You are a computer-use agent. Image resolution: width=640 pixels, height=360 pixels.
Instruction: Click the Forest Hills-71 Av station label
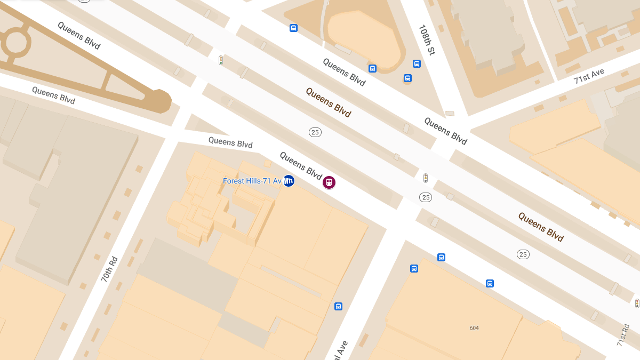point(252,181)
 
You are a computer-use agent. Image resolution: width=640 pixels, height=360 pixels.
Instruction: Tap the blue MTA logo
point(289,181)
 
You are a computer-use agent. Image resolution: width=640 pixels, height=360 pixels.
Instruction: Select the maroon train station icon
point(329,182)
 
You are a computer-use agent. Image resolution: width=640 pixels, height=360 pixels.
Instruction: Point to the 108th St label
point(427,40)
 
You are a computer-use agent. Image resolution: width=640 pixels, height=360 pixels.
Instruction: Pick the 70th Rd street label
point(109,269)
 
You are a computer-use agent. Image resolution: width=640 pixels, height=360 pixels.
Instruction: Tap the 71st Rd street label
point(623,334)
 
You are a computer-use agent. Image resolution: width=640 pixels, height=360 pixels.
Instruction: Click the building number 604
point(474,328)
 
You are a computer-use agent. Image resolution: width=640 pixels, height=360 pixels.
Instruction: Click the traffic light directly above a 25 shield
point(425,178)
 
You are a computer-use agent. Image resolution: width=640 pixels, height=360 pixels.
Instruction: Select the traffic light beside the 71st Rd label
point(637,303)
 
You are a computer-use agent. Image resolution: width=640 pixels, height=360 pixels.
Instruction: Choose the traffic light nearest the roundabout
point(220,60)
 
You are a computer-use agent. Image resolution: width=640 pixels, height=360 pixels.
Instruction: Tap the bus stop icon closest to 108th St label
point(417,64)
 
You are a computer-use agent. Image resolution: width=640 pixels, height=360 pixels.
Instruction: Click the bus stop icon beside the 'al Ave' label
point(338,306)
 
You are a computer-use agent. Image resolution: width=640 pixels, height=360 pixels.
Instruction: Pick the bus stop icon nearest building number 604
point(490,283)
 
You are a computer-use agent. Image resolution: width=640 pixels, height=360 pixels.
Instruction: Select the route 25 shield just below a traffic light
point(425,197)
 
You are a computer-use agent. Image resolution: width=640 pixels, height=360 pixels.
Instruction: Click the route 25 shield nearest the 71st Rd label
point(523,254)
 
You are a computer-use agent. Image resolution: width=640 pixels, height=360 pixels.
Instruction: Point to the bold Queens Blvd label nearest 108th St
point(329,102)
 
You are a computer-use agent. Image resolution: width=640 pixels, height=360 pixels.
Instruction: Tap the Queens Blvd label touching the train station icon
point(301,165)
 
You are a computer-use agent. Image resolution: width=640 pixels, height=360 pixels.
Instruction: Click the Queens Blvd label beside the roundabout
point(79,35)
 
